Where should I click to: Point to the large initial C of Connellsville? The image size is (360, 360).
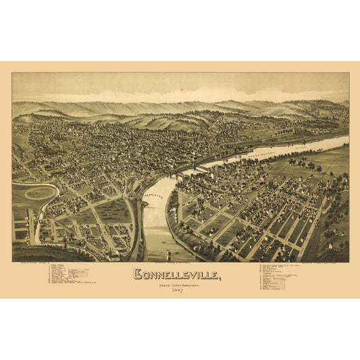click(138, 276)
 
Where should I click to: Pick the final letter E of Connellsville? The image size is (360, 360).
click(213, 276)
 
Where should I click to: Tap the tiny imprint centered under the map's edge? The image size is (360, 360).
click(180, 263)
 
